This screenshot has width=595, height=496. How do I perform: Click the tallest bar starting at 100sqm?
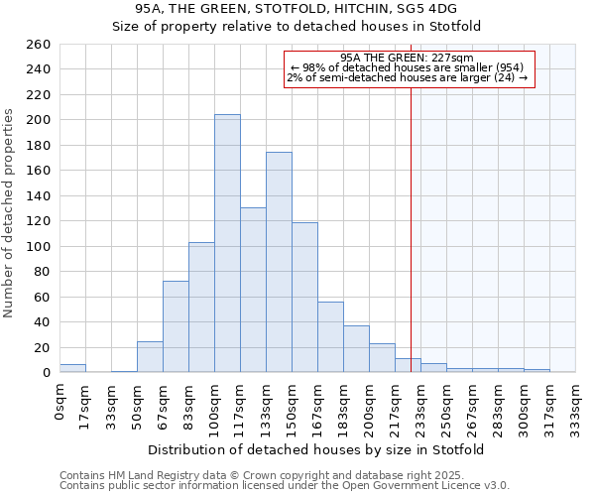227,243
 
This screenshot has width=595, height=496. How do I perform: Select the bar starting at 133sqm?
279,262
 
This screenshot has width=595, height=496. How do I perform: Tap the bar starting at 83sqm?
201,308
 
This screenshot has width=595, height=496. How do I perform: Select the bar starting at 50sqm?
150,357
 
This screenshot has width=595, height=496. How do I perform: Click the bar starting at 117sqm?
253,290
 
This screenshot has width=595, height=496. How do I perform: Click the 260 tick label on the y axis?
38,45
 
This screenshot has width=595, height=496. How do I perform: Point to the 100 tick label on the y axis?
38,246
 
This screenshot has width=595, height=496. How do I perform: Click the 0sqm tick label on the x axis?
60,401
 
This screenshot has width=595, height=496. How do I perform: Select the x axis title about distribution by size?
317,449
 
